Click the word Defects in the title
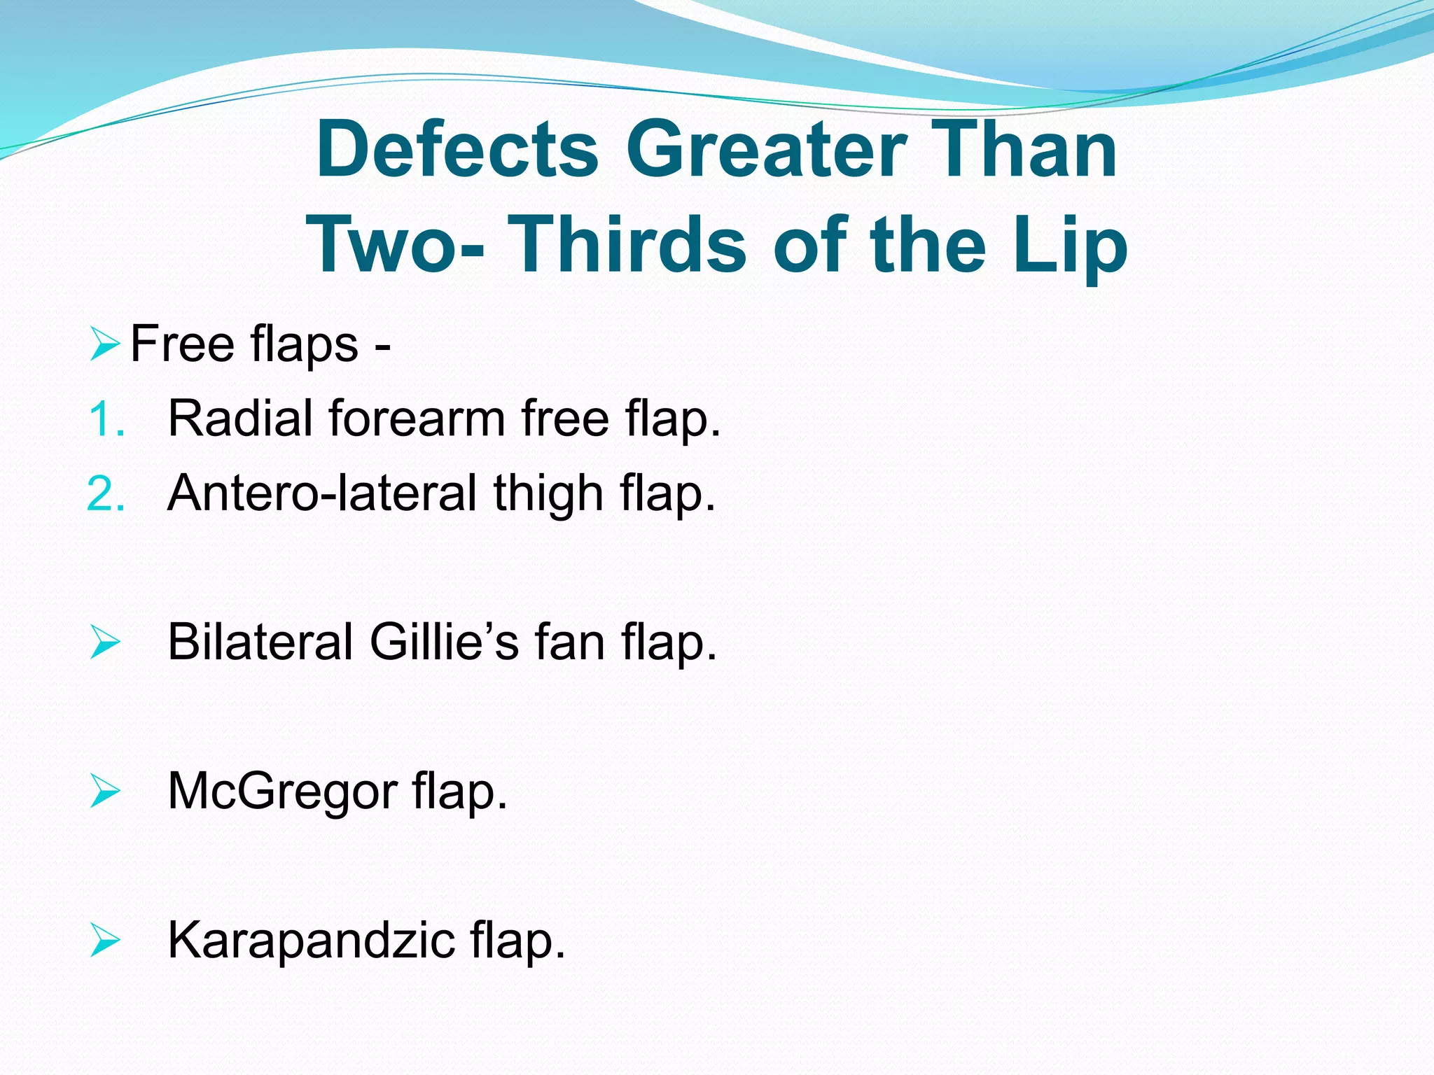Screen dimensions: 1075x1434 (x=457, y=150)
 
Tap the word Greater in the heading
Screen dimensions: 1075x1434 (x=767, y=150)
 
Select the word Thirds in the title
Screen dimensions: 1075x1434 (x=627, y=245)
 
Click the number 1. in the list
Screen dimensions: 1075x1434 (x=107, y=420)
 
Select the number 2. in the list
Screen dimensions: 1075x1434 (x=106, y=494)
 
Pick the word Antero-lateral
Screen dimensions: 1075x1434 (x=322, y=493)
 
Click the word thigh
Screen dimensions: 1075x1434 (x=548, y=494)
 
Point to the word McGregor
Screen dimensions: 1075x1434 (x=282, y=792)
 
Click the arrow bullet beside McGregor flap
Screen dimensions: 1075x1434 (x=105, y=792)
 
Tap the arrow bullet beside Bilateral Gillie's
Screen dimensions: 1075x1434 (x=105, y=642)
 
